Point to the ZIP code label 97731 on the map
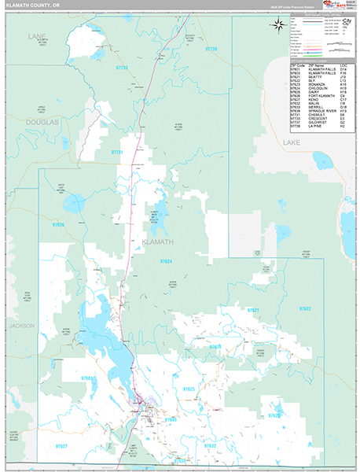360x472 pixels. point(117,151)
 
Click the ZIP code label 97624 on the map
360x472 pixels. point(166,260)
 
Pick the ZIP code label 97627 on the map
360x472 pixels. point(61,424)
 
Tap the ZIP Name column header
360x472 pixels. point(318,65)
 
